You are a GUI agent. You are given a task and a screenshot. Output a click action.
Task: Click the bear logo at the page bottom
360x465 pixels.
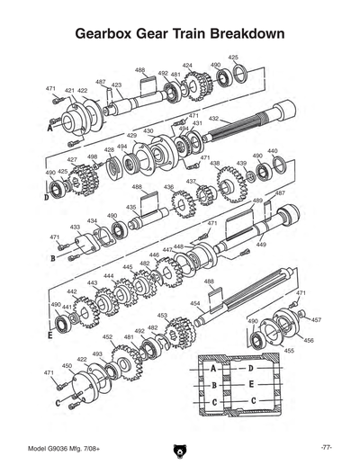pos(179,449)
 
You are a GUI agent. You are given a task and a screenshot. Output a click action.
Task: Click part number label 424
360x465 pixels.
pos(187,66)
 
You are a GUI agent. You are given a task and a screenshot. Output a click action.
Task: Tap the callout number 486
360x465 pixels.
pos(140,69)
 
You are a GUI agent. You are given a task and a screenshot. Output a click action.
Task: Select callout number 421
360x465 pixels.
pos(69,91)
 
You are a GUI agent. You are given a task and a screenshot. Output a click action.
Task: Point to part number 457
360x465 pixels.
pos(316,319)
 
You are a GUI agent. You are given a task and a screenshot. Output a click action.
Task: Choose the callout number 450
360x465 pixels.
pos(67,366)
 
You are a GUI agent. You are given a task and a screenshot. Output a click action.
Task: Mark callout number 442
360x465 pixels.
pos(72,291)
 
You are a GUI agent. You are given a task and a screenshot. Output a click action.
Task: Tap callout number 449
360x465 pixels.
pos(261,244)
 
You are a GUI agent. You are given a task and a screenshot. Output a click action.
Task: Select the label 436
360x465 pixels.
pos(168,187)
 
